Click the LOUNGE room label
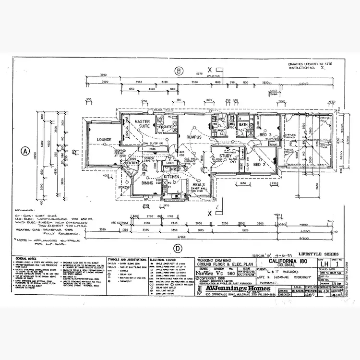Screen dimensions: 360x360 (x=104, y=140)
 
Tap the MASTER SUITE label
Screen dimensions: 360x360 (x=142, y=125)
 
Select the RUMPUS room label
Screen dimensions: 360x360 (x=194, y=137)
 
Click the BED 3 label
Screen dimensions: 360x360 (x=265, y=135)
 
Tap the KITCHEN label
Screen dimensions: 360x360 (x=171, y=177)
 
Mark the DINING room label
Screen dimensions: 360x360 (x=147, y=182)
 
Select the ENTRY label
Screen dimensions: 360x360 (x=132, y=163)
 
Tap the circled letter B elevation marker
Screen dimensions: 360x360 (x=179, y=72)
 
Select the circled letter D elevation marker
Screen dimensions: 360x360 (x=179, y=248)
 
